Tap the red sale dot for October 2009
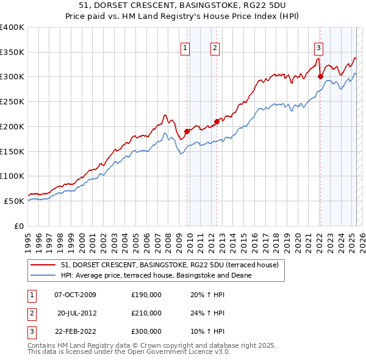(187, 131)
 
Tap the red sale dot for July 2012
(217, 121)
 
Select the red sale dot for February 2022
(320, 76)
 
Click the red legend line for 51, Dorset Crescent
(43, 265)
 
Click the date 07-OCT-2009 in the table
(75, 295)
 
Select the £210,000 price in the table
(146, 313)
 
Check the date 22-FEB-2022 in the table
(75, 331)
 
